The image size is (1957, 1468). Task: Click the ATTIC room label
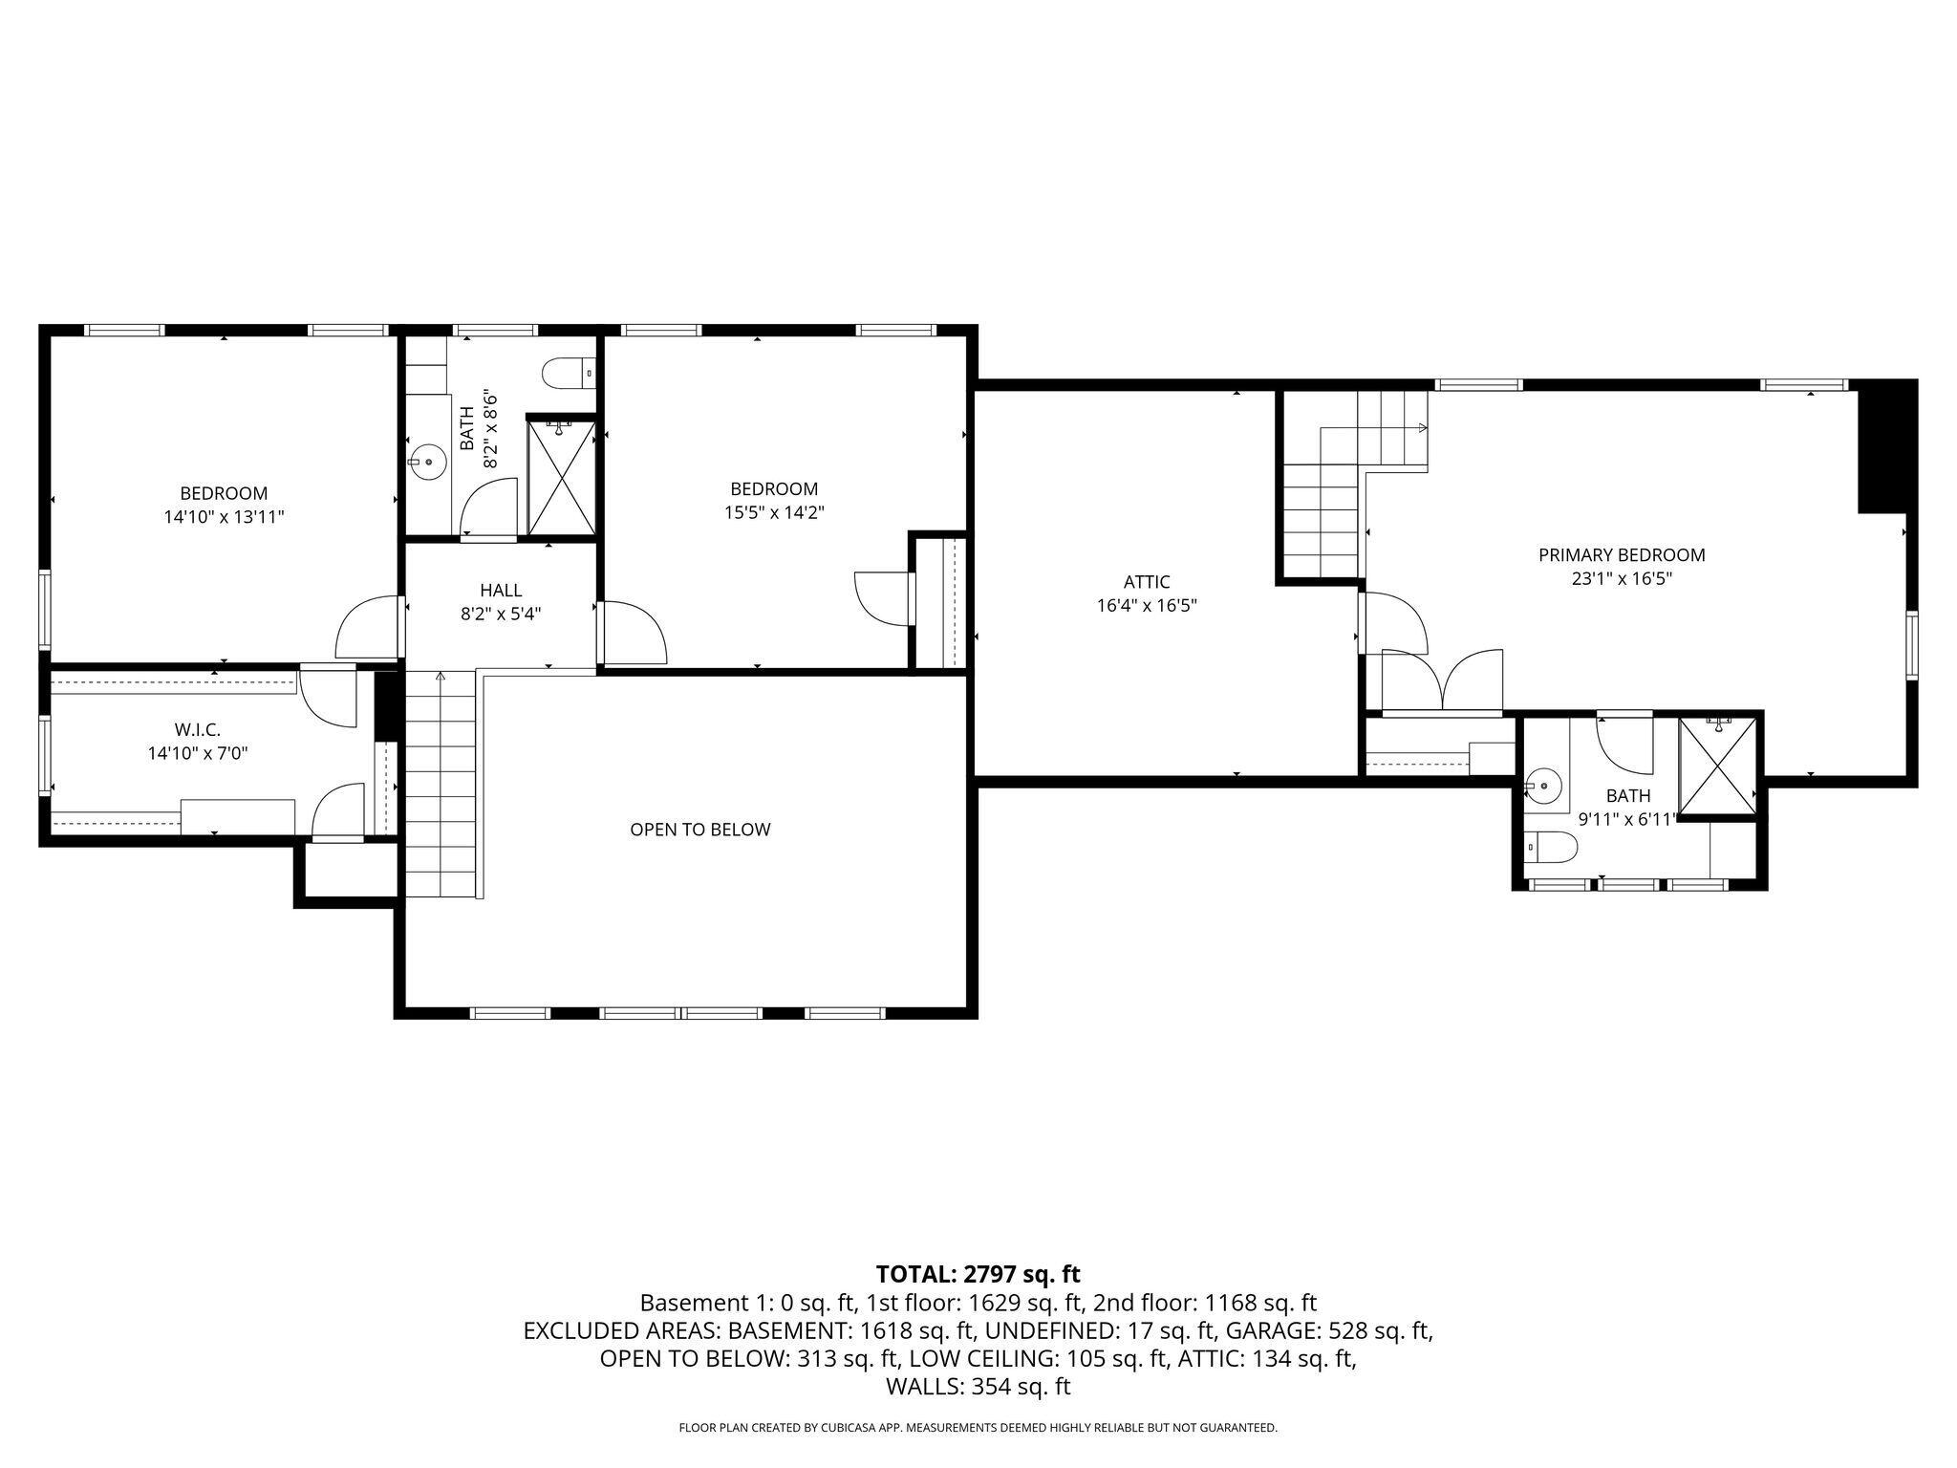pos(1146,582)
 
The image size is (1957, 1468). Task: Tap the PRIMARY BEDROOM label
pos(1621,555)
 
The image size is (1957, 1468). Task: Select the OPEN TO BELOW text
pos(699,830)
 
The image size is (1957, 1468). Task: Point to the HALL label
pos(501,591)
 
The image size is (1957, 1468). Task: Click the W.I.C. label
pos(197,730)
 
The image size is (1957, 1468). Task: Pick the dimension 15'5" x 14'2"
pos(773,512)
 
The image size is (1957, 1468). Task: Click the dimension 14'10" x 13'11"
pos(224,517)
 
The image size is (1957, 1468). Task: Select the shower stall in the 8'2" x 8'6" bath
pos(561,477)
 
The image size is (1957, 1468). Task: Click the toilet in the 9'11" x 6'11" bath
pos(1550,847)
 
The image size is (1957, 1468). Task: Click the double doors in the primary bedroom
pos(1443,680)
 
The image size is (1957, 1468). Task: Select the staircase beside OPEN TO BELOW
pos(441,784)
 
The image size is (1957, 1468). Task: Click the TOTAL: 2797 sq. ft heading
pos(978,1274)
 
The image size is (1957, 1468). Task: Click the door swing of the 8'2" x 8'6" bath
pos(488,507)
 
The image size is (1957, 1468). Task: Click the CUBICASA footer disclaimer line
pos(978,1428)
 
